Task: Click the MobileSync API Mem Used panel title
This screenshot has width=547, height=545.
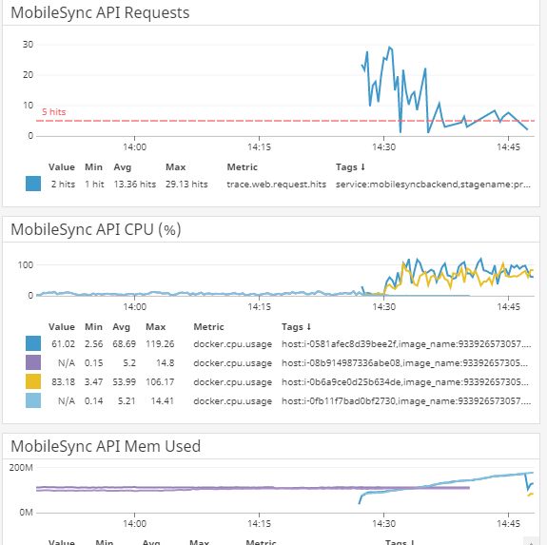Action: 105,445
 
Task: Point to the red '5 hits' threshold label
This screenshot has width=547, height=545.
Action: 54,112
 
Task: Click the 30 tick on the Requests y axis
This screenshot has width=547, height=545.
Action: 28,45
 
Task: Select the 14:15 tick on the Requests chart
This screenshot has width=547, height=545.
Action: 259,147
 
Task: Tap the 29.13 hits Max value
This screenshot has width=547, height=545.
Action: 186,184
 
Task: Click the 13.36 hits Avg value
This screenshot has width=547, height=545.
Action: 134,184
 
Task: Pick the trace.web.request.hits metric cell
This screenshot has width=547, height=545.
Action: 276,184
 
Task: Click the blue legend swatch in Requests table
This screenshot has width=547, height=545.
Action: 34,184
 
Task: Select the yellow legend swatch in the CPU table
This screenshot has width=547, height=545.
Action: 34,381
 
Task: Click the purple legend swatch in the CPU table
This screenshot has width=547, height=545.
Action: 34,361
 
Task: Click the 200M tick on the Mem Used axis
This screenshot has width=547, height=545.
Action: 21,468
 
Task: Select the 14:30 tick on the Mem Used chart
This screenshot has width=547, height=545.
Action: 384,523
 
